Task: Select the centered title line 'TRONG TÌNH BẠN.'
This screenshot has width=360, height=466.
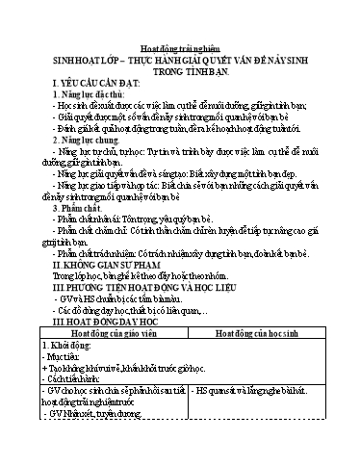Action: click(x=180, y=69)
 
